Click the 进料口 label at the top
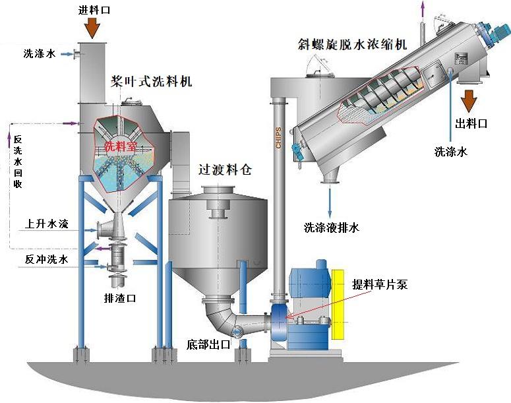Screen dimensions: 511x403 point(94,10)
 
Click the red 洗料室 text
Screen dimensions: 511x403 point(120,146)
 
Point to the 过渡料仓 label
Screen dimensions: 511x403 point(225,170)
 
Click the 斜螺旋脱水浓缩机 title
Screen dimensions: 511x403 point(353,44)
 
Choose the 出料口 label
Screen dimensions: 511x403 point(471,123)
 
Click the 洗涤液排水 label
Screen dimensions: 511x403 point(332,228)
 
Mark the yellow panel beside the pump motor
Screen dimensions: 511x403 point(338,305)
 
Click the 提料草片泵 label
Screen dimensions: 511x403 point(380,285)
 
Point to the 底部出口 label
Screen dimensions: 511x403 point(208,345)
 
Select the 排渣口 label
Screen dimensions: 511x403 point(120,298)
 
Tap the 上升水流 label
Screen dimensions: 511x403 point(47,224)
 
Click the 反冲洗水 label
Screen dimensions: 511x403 point(47,259)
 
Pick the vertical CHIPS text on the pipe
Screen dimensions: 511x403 point(278,138)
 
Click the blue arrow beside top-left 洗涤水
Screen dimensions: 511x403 point(68,54)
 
